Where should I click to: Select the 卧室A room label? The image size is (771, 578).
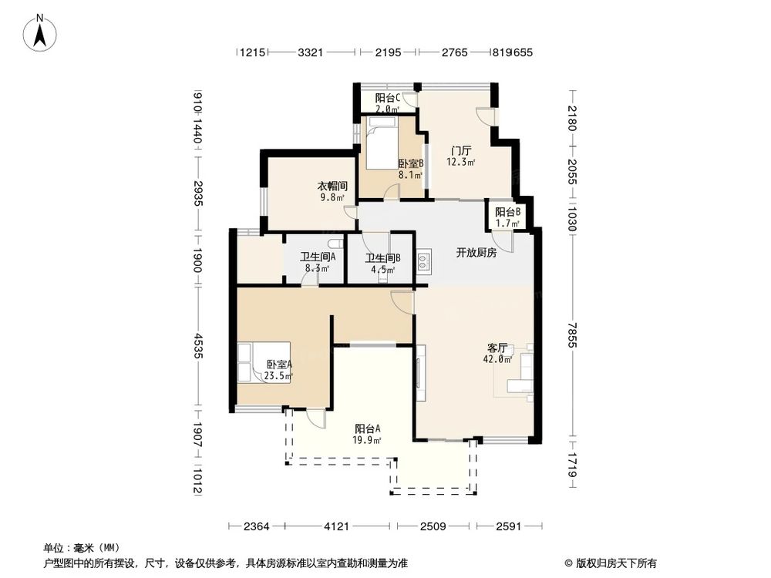pyautogui.click(x=278, y=370)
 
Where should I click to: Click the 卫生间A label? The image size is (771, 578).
pyautogui.click(x=317, y=263)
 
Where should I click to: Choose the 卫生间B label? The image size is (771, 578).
pyautogui.click(x=382, y=264)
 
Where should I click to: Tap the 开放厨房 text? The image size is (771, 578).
pyautogui.click(x=476, y=252)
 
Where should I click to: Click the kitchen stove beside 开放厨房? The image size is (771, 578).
pyautogui.click(x=423, y=261)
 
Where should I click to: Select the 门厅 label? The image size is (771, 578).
pyautogui.click(x=461, y=156)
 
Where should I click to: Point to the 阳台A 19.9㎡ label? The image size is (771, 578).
pyautogui.click(x=368, y=434)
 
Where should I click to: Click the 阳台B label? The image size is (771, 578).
pyautogui.click(x=507, y=217)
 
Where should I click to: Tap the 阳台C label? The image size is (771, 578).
pyautogui.click(x=387, y=103)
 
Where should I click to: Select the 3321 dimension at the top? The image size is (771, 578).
pyautogui.click(x=309, y=52)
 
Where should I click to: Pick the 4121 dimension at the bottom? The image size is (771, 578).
pyautogui.click(x=336, y=527)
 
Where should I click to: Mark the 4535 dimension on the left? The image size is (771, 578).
pyautogui.click(x=198, y=344)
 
